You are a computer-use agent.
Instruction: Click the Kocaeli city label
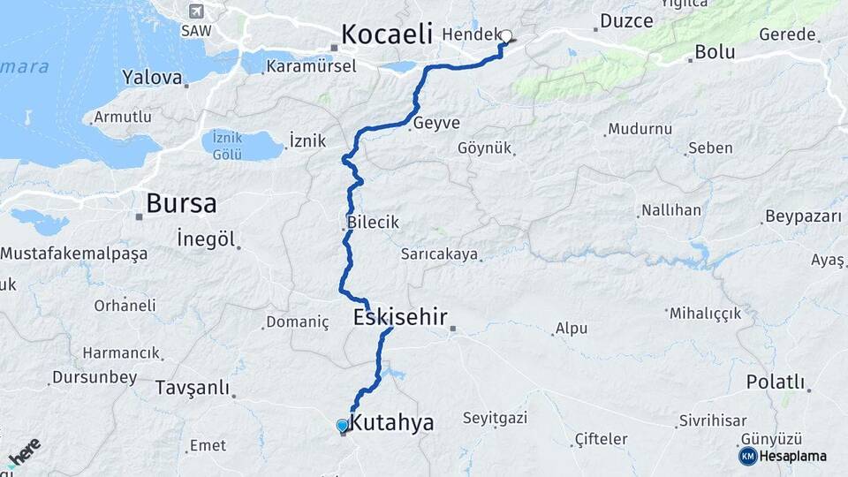(386, 34)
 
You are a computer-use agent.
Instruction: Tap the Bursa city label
(181, 203)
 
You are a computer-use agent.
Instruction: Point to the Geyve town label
(436, 123)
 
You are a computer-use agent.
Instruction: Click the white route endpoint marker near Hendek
(506, 36)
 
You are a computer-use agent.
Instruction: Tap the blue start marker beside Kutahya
(343, 426)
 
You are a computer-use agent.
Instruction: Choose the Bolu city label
(715, 51)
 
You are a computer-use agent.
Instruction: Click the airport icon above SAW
(196, 12)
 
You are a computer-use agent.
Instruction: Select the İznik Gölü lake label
(227, 146)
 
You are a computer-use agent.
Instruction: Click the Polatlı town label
(776, 382)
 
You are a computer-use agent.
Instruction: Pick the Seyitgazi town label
(495, 419)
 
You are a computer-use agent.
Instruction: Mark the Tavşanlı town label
(192, 388)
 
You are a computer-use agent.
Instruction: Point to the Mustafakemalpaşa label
(74, 254)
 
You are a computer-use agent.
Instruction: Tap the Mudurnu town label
(640, 129)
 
